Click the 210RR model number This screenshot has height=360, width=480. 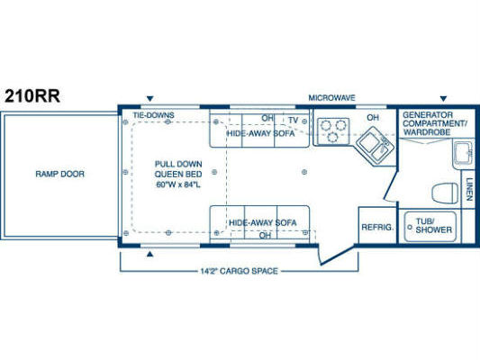[x=32, y=95]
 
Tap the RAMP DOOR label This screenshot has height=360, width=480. [x=59, y=174]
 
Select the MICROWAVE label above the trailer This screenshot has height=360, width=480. [x=331, y=98]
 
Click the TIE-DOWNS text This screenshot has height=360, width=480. [x=153, y=115]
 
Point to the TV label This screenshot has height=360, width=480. [x=294, y=121]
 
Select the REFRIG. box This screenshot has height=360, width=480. [x=377, y=225]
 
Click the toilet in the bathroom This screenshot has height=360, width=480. [x=445, y=193]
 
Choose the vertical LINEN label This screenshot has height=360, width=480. [x=469, y=189]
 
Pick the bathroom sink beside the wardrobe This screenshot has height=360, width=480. [x=463, y=155]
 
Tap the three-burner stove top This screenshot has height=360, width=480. [x=333, y=130]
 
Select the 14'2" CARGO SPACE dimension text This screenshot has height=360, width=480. [x=239, y=271]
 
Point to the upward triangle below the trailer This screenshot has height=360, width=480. [x=149, y=254]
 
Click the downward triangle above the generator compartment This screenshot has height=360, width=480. [x=443, y=98]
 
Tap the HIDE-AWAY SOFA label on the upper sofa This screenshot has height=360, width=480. [x=260, y=133]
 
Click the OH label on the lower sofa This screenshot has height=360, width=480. [x=265, y=235]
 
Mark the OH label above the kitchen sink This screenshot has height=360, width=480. [x=373, y=118]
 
